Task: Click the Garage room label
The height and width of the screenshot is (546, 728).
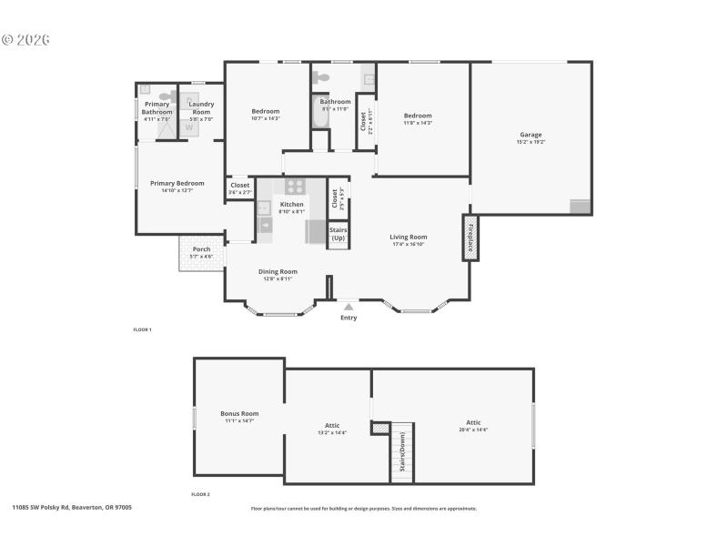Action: pos(531,136)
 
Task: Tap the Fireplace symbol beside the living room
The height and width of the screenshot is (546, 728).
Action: pos(470,238)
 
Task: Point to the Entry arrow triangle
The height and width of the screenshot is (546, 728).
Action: pos(349,308)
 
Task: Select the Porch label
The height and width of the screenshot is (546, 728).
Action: pos(201,249)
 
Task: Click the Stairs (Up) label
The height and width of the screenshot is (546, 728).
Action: pos(338,234)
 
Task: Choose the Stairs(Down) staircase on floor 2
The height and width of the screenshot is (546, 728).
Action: pos(402,453)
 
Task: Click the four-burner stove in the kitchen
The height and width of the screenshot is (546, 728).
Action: pos(294,187)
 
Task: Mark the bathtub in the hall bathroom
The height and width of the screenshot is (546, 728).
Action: pos(319,114)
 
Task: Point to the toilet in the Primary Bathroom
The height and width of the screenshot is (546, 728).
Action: pos(167,95)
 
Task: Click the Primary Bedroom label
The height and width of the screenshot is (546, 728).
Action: pos(177,183)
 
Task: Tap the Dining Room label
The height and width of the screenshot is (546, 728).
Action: pos(278,271)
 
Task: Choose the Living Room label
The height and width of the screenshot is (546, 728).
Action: pos(409,238)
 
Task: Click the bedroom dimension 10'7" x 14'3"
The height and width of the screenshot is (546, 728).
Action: pos(266,118)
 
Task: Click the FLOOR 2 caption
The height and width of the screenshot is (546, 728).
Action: pos(200,494)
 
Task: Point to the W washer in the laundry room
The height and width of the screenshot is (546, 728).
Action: pos(190,127)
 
